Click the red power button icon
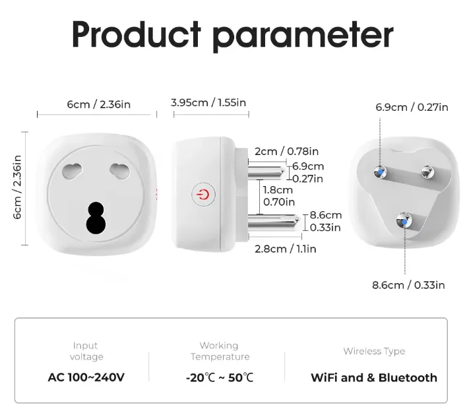coord(203,195)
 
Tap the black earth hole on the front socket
coord(96,218)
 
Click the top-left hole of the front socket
coord(72,171)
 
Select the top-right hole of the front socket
coord(119,171)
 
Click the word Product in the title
coord(137,34)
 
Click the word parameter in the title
coord(303,36)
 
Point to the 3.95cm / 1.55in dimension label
coord(208,103)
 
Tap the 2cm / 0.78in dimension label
coord(286,151)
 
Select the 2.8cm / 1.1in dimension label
coord(286,249)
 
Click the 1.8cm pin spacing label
coord(278,190)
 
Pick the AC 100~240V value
coord(86,377)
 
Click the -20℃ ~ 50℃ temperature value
coord(220,377)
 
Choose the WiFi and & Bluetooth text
coord(374,377)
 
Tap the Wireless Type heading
coord(374,351)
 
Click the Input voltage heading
coord(86,351)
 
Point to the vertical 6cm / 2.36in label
coord(17,187)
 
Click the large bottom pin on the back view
coord(404,221)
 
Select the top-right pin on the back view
coord(427,172)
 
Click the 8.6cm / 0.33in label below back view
coord(408,285)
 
